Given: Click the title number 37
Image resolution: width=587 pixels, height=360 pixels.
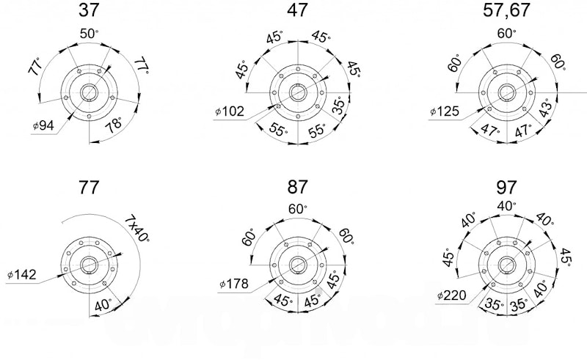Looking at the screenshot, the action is pyautogui.click(x=89, y=10).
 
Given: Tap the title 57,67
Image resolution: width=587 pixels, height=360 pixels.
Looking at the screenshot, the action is pyautogui.click(x=506, y=10).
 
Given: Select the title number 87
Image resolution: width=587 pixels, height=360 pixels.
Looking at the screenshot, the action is pyautogui.click(x=298, y=187).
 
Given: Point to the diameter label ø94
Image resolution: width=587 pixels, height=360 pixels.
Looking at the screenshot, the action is pyautogui.click(x=43, y=125).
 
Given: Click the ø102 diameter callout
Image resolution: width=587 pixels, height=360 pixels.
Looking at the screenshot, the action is pyautogui.click(x=230, y=111).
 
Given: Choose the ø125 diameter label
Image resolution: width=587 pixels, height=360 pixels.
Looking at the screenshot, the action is pyautogui.click(x=445, y=111).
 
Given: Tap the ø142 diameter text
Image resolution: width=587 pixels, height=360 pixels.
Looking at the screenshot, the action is pyautogui.click(x=22, y=275).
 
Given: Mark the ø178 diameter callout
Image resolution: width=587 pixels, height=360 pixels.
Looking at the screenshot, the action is pyautogui.click(x=234, y=284).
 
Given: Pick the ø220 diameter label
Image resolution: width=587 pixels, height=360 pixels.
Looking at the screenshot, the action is pyautogui.click(x=452, y=295).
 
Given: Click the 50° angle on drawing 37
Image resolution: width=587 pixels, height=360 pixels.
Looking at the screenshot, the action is pyautogui.click(x=89, y=34).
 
